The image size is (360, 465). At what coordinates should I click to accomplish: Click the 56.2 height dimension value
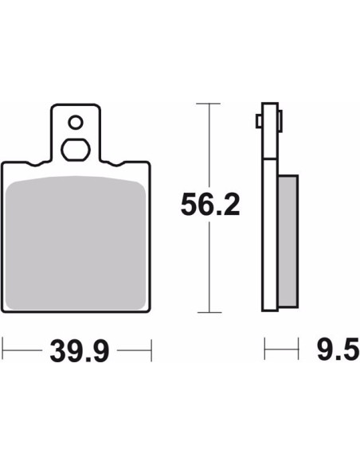click(x=210, y=205)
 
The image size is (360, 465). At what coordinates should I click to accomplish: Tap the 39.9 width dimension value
click(x=80, y=351)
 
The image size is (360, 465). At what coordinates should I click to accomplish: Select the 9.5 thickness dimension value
click(x=338, y=350)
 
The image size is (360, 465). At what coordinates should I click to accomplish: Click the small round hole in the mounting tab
click(x=76, y=122)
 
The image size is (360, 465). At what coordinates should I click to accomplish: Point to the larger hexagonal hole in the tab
click(x=76, y=150)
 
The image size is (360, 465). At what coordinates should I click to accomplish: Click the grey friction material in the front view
click(x=76, y=243)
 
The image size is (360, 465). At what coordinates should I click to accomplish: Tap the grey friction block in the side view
click(x=288, y=241)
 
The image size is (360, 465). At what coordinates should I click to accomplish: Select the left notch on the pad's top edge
click(x=35, y=163)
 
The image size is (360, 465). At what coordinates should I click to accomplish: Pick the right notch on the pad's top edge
click(x=116, y=163)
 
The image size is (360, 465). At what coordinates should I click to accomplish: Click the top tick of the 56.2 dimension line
click(x=208, y=104)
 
